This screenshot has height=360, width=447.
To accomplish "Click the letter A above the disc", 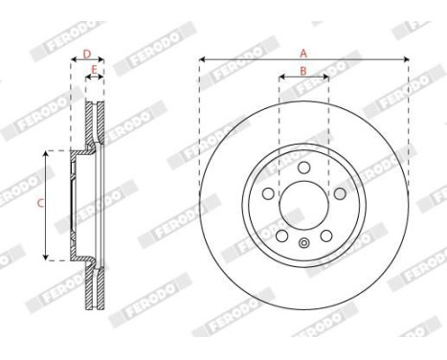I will pos(303,54).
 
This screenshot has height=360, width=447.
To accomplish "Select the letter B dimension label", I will pos(303,70).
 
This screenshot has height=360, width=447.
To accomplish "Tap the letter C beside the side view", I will pos(39,203).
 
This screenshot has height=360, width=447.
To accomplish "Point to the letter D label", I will pos(87,55).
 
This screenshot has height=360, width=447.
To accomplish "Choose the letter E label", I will pos(94,70).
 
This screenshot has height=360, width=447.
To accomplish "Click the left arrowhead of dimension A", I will pos(202,60).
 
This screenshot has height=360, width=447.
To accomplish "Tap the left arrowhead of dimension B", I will pos(281,77).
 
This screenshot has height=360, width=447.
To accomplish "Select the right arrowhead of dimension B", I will pos(325,77).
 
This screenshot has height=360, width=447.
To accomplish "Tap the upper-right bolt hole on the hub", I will pos(338,192).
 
